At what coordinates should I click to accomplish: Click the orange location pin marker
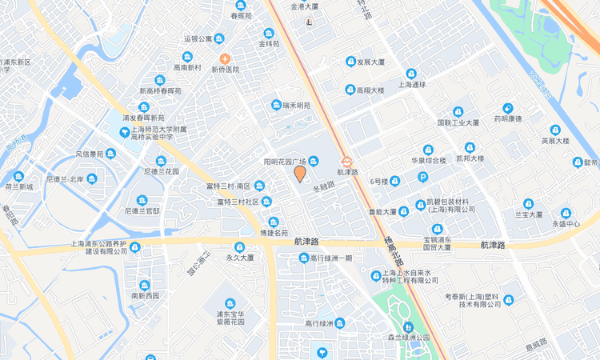point(300,174)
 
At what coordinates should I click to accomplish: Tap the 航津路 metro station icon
point(346,161)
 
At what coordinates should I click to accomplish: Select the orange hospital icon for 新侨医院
point(225,58)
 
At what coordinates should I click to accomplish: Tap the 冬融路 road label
point(323,188)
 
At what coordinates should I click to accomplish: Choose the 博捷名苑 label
point(274,233)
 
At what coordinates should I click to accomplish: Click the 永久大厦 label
point(239,258)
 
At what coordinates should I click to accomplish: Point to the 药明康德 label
point(507,119)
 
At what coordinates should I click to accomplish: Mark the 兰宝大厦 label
point(528,214)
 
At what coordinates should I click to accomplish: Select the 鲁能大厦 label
point(382,212)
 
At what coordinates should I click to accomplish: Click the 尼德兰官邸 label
point(142,211)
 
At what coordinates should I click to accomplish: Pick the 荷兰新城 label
point(18,186)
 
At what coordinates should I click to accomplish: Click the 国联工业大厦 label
point(458,123)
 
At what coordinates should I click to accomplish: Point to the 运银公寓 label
point(198,38)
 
